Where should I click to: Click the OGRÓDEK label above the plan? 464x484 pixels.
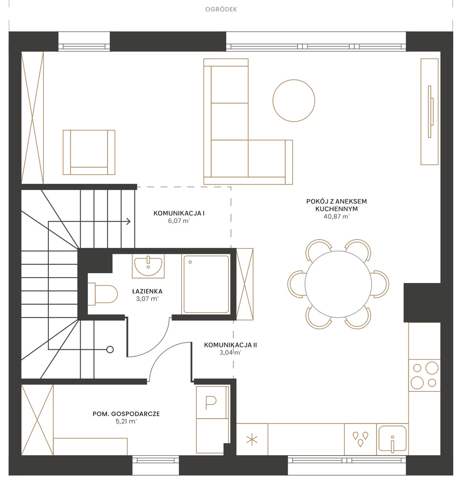tap(221, 9)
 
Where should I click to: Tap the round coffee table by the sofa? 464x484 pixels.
tap(294, 101)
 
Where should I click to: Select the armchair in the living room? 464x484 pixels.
tap(89, 152)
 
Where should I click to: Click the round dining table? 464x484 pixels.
tap(338, 284)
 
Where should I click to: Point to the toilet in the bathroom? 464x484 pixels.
tap(103, 294)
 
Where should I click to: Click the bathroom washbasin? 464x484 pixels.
tap(148, 265)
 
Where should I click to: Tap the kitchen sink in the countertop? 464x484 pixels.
tap(392, 439)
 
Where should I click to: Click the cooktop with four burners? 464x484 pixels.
tap(424, 375)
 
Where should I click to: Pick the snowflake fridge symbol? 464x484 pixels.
tap(252, 440)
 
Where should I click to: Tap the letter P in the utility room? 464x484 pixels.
tap(211, 402)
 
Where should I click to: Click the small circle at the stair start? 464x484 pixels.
tap(110, 349)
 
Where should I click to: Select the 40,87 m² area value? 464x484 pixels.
tap(337, 216)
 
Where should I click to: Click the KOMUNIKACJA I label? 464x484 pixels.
tap(179, 213)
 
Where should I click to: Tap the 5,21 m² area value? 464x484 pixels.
tap(126, 422)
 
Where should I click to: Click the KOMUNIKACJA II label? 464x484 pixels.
tap(231, 345)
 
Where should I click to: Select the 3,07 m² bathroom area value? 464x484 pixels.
tap(147, 299)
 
